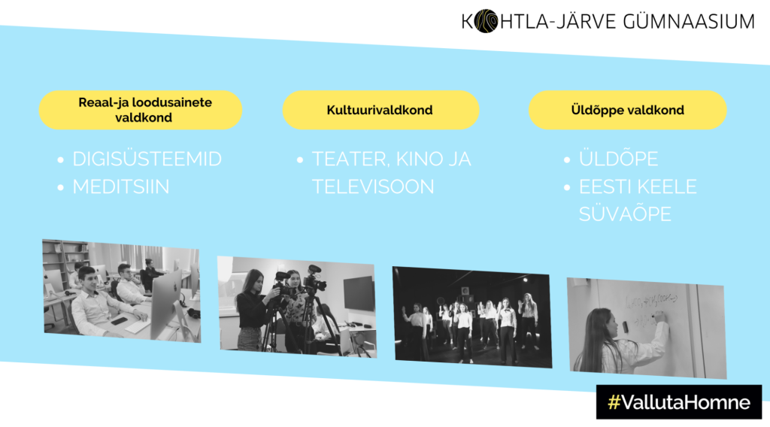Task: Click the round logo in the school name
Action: point(486,21)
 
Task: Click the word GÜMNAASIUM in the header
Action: point(689,21)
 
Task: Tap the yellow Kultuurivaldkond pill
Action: point(380,110)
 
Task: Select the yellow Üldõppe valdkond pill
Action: point(628,110)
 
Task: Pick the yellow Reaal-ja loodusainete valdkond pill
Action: point(141,110)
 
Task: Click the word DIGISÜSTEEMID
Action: point(147,159)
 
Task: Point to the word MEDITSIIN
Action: point(121,187)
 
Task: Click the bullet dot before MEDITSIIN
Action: point(60,187)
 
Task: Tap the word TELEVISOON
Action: point(373,187)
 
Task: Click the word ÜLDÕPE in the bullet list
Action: point(618,159)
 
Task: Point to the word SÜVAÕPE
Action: point(625,214)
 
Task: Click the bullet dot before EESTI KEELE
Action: point(567,187)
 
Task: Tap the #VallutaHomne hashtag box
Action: point(679,402)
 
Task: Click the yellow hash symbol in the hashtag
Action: point(614,402)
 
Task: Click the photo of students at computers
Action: point(121,291)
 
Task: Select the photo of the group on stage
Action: point(472,317)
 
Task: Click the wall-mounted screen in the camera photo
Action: point(359,293)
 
